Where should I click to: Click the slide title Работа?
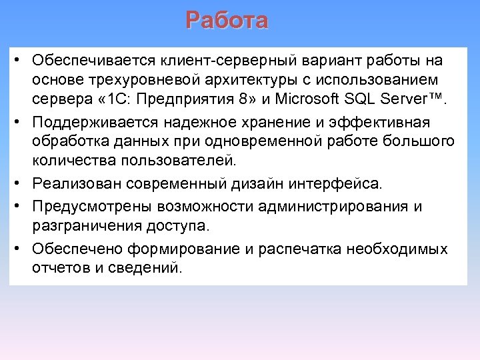point(227,21)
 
